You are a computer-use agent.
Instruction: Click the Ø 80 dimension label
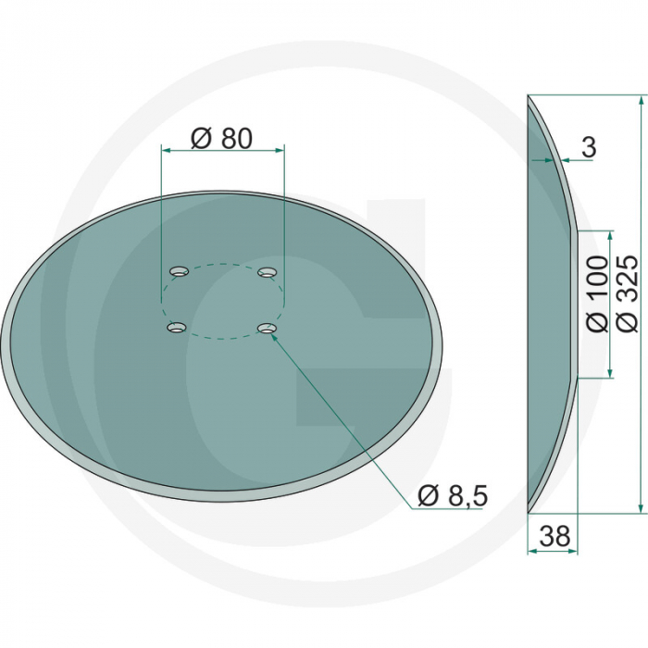[221, 138]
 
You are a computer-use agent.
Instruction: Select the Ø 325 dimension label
[627, 294]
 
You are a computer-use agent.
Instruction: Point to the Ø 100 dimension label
[597, 294]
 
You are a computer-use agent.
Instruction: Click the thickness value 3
[590, 146]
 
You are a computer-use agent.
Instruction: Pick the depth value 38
[553, 535]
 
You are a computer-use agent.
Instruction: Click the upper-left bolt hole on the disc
[178, 271]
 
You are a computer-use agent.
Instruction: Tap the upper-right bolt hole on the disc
[268, 271]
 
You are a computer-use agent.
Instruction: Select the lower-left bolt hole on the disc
[175, 327]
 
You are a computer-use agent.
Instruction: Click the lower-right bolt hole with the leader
[267, 328]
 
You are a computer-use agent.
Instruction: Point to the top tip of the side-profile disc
[529, 96]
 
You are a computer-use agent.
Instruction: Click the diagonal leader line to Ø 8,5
[343, 413]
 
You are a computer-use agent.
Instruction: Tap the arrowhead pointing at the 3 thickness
[563, 160]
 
